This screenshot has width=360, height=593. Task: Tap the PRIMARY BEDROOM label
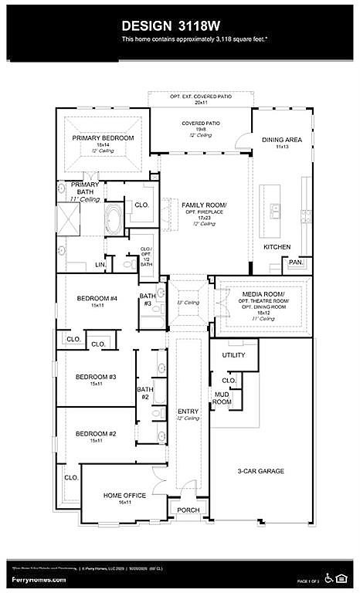(x=104, y=137)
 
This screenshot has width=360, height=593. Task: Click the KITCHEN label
(x=277, y=247)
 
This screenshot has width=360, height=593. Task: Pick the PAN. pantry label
(x=295, y=262)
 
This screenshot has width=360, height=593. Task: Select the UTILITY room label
(x=234, y=354)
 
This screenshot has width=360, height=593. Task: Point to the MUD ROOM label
(x=222, y=398)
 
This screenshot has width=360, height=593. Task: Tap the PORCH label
(x=188, y=510)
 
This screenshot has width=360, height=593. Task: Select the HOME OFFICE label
(x=124, y=495)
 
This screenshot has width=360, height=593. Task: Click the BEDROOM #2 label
(x=96, y=434)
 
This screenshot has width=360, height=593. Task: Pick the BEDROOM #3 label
(x=96, y=377)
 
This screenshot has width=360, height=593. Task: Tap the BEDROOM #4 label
(x=97, y=299)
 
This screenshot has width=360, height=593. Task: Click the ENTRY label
(x=188, y=411)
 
